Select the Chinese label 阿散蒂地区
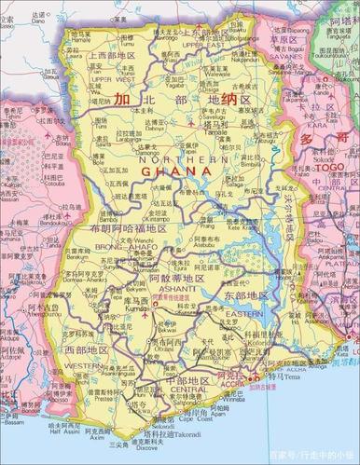click(x=154, y=277)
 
